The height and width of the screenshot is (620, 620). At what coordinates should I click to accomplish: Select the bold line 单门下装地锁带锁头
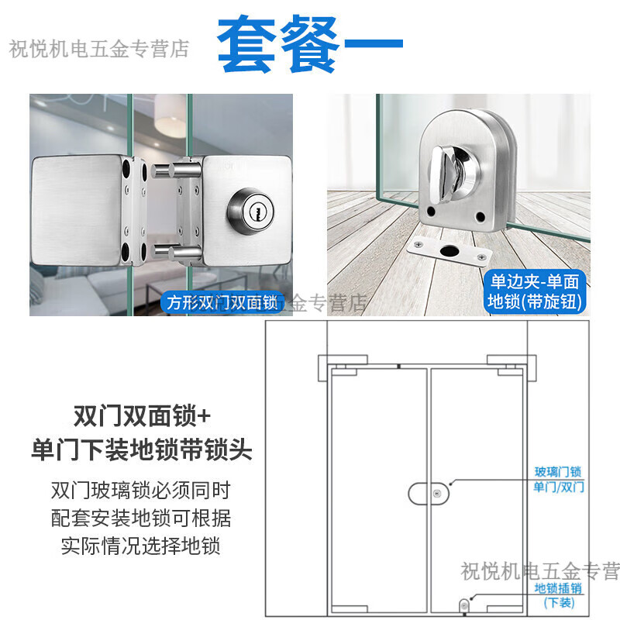pyautogui.click(x=142, y=449)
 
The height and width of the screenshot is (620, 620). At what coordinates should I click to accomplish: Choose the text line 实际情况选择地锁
pyautogui.click(x=141, y=544)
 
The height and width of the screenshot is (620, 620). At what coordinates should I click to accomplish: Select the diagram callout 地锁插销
pyautogui.click(x=557, y=587)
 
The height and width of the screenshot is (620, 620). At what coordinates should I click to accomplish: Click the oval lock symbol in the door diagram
pyautogui.click(x=429, y=493)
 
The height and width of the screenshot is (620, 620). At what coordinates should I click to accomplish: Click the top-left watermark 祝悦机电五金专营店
pyautogui.click(x=99, y=50)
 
